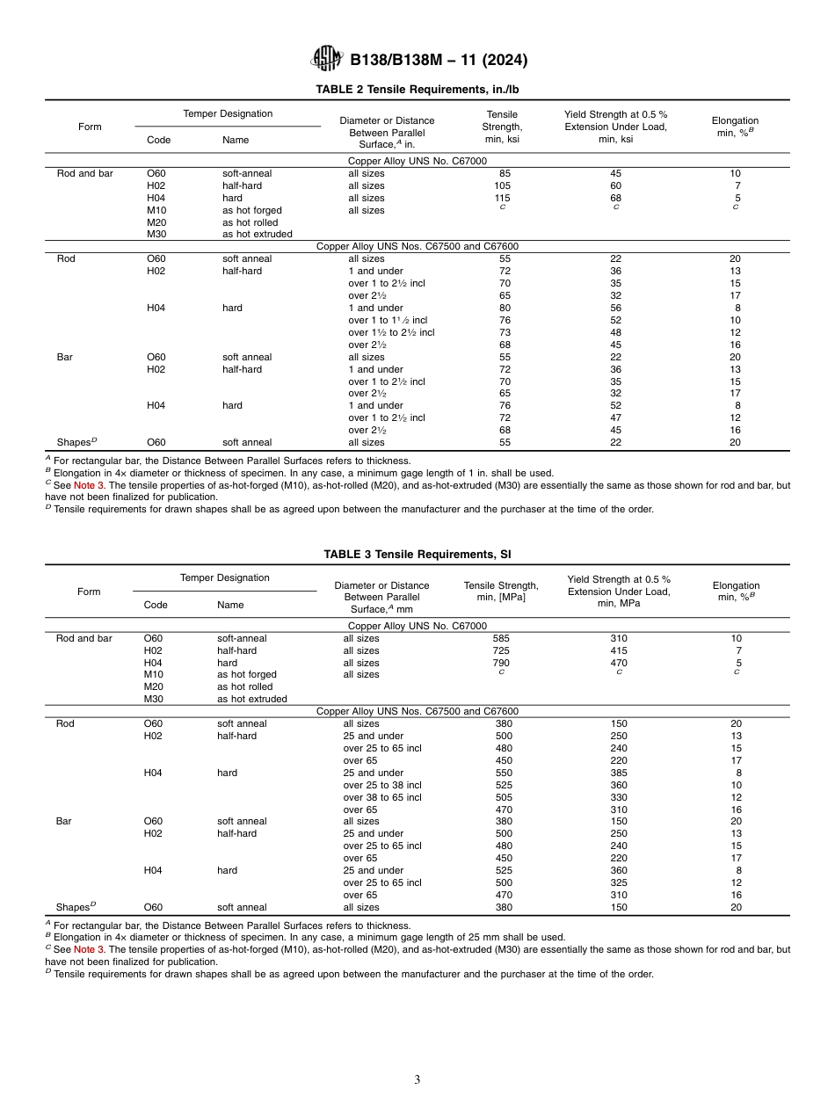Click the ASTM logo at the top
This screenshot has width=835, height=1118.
coord(326,60)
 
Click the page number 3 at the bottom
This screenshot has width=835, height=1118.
coord(417,1080)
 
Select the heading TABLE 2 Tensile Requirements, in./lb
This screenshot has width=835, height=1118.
coord(417,90)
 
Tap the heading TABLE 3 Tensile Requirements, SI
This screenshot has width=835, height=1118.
coord(417,555)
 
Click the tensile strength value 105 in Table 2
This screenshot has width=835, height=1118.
coord(502,185)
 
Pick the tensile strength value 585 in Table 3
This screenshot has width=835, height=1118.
coord(502,638)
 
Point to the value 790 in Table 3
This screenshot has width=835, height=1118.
coord(502,663)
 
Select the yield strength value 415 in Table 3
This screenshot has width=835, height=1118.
coord(619,650)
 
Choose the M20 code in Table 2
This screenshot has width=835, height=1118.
coord(156,222)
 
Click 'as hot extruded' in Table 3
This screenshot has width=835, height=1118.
coord(252,699)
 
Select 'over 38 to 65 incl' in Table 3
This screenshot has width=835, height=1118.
coord(382,797)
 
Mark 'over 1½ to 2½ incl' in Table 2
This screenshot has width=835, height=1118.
coord(391,332)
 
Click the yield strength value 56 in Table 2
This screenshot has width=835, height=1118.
coord(615,308)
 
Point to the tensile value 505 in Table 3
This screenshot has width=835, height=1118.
coord(502,797)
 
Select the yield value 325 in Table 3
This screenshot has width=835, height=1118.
coord(619,882)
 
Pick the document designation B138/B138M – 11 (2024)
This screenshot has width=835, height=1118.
coord(439,61)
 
